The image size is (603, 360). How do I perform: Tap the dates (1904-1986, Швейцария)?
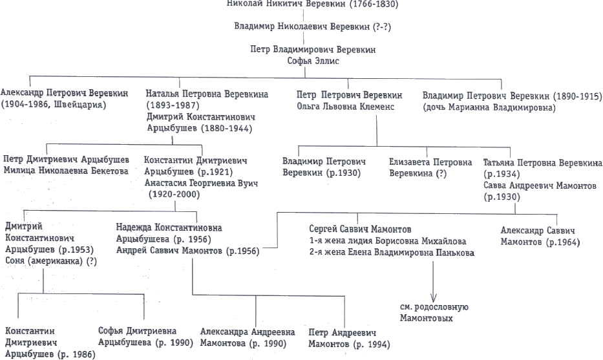(x=53, y=105)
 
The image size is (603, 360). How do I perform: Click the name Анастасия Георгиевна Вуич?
(x=201, y=184)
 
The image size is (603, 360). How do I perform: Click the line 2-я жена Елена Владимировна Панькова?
(x=392, y=253)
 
